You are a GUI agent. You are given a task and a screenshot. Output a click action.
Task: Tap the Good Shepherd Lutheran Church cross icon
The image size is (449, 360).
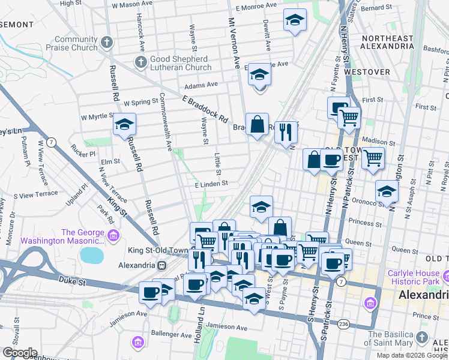[140, 62]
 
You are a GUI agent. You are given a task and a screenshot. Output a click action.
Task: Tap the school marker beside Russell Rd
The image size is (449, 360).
[125, 124]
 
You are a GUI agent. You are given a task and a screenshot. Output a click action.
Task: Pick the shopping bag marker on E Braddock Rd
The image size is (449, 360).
[257, 124]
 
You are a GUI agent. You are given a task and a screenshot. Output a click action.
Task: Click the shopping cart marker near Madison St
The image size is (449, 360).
[373, 158]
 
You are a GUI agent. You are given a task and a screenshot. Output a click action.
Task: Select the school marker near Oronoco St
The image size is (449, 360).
[387, 191]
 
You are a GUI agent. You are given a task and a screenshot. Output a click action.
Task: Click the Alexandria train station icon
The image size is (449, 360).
[161, 265]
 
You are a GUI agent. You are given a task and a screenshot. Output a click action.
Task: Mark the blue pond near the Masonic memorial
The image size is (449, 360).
[91, 256]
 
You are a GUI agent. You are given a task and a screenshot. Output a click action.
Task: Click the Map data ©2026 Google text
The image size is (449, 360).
[411, 355]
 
